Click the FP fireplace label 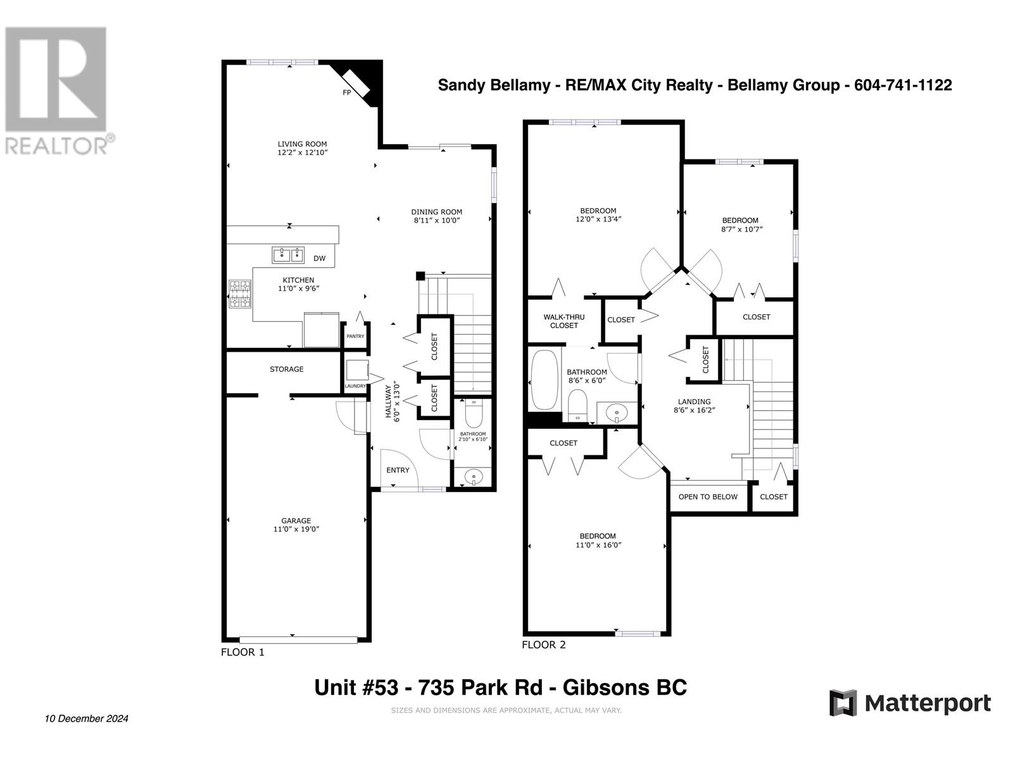pos(346,92)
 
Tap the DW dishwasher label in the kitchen pos(319,259)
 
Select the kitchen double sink pos(287,255)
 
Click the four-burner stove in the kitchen pos(240,294)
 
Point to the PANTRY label pos(355,336)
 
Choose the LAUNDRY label pos(355,386)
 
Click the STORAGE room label pos(287,369)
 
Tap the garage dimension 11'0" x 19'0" pos(296,529)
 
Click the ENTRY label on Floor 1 pos(398,470)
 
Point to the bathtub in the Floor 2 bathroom pos(544,380)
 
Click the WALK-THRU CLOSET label pos(564,321)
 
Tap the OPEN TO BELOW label pos(708,497)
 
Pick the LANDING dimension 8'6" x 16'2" pos(695,410)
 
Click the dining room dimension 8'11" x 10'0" pos(437,221)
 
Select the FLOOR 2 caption pos(544,645)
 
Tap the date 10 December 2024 pos(87,719)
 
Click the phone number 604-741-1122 pos(903,85)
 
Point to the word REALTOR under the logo pos(56,146)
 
